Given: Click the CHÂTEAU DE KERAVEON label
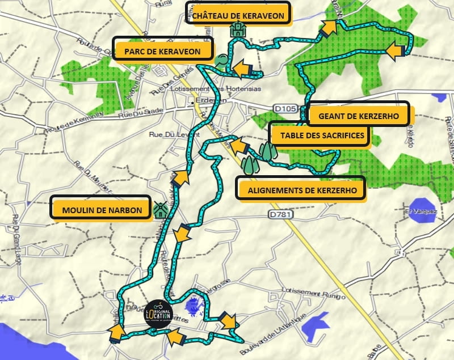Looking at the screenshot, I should click(238, 15).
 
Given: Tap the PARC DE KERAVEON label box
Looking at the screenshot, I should click(163, 52).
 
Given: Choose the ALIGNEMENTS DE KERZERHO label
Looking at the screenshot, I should click(299, 190).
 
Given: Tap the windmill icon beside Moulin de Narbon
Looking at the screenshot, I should click(161, 210).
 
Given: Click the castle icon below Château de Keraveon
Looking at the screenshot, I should click(237, 31).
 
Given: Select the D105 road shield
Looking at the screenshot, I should click(284, 108).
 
